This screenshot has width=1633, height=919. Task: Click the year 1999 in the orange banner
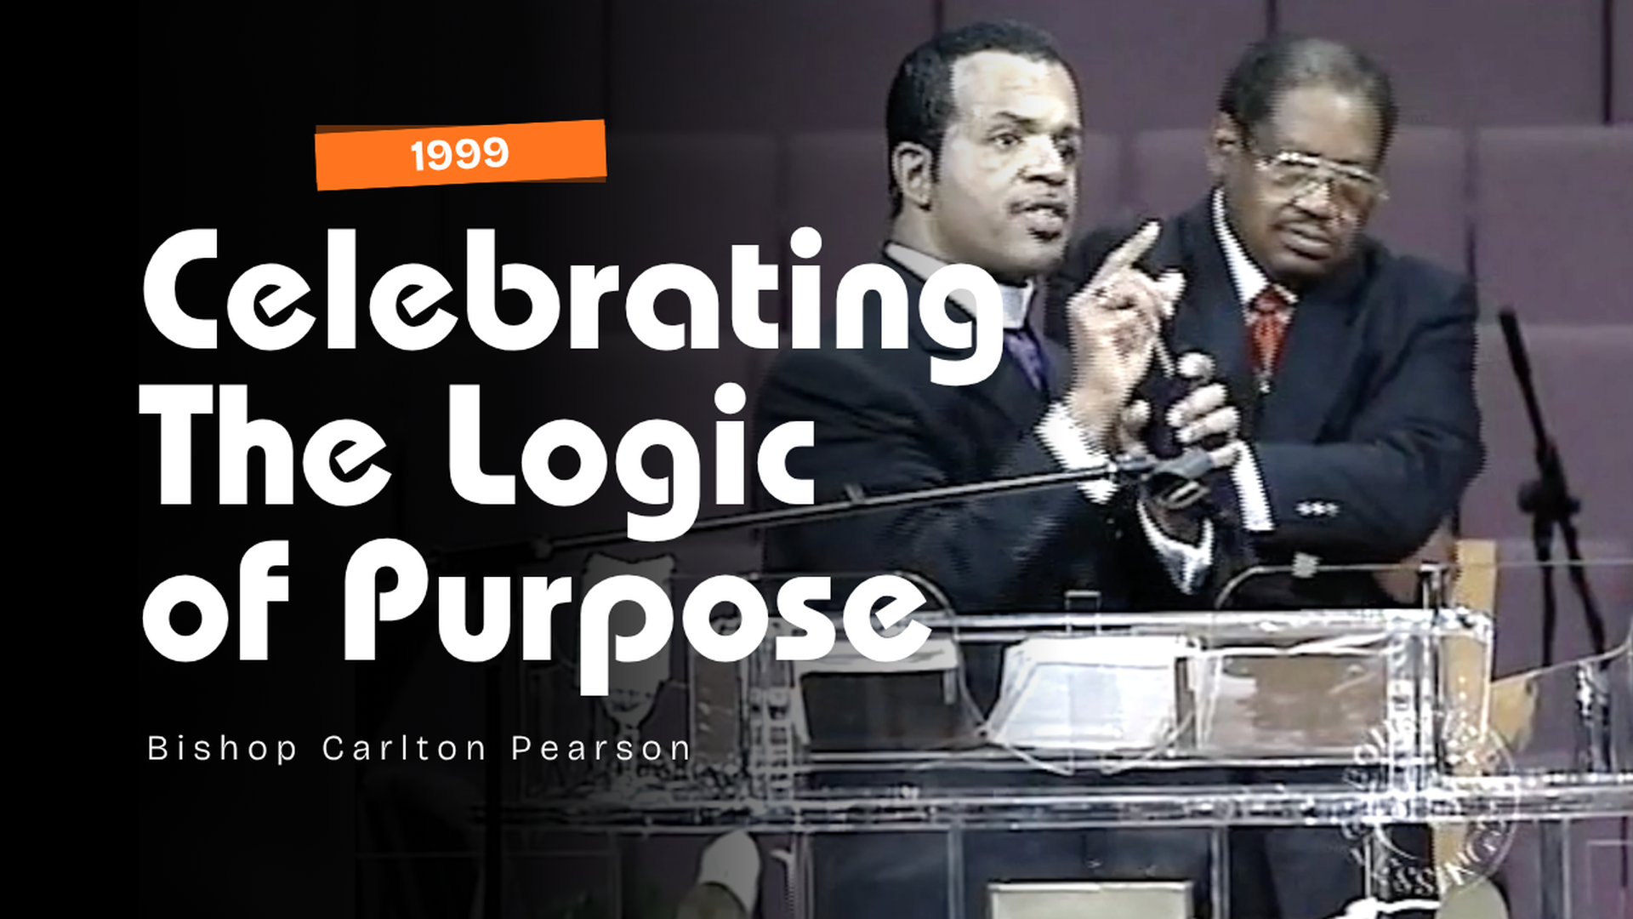pos(459,155)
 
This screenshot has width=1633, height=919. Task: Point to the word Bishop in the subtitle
pos(222,749)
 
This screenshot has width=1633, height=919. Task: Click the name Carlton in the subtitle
pos(404,749)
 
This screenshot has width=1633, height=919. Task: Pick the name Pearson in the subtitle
pos(600,749)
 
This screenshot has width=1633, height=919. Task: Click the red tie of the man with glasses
pos(1268,328)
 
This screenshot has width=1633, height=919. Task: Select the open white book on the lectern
pos(1089,689)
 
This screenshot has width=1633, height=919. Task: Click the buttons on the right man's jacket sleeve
pos(1317,509)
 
